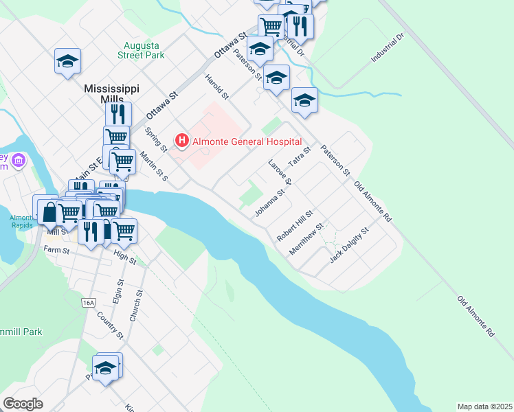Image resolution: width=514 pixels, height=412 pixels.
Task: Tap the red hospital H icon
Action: click(x=182, y=141)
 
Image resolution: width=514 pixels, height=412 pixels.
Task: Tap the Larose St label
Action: click(x=280, y=172)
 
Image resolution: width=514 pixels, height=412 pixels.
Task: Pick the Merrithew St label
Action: click(x=306, y=240)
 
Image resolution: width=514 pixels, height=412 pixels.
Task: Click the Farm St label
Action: click(x=57, y=250)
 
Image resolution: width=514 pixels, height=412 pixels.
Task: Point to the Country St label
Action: click(x=109, y=325)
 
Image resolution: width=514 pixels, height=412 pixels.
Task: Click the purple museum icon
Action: click(x=19, y=161)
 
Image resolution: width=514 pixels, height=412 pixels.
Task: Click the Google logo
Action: click(x=23, y=404)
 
